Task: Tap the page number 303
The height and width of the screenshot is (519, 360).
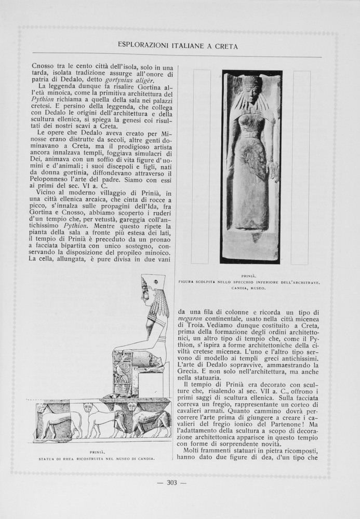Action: pos(172,483)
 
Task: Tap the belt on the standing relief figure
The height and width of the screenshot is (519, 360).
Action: pos(250,135)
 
